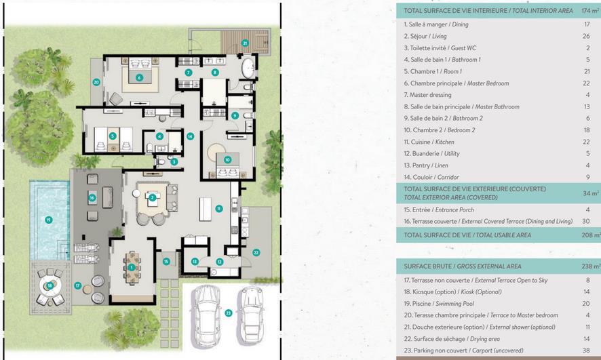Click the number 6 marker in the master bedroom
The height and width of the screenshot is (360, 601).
(x=139, y=78)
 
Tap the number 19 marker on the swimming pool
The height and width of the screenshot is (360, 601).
(x=49, y=220)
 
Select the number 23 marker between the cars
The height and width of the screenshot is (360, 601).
(x=229, y=313)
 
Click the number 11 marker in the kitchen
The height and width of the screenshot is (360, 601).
(x=219, y=209)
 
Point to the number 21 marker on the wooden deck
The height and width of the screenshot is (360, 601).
(x=245, y=43)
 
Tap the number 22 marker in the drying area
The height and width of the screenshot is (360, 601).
(x=256, y=252)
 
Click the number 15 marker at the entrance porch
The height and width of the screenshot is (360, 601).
(x=166, y=262)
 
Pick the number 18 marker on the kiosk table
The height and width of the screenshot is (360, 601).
(x=50, y=285)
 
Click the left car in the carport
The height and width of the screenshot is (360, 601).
(x=206, y=316)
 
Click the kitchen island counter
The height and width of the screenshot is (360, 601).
(x=205, y=209)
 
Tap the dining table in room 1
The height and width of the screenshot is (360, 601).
(x=132, y=268)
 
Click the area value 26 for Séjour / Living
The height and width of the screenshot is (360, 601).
(x=586, y=36)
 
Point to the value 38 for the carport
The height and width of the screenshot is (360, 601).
(x=586, y=351)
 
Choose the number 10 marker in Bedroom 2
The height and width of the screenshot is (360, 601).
(x=228, y=160)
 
